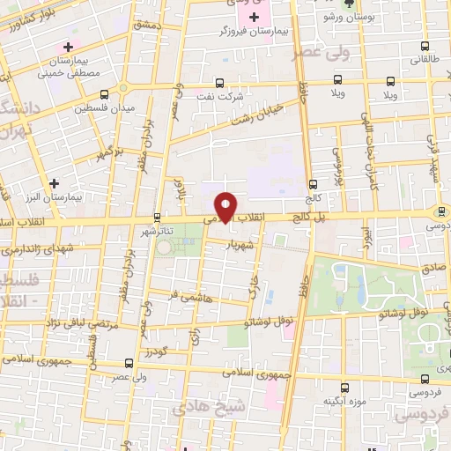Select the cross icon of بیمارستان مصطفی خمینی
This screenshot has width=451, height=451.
tap(67, 46)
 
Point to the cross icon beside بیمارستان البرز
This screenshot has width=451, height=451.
tap(55, 183)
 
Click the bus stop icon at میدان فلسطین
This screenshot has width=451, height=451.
tap(104, 94)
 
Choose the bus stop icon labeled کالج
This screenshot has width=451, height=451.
tap(313, 185)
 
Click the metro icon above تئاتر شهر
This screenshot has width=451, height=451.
tap(157, 216)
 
